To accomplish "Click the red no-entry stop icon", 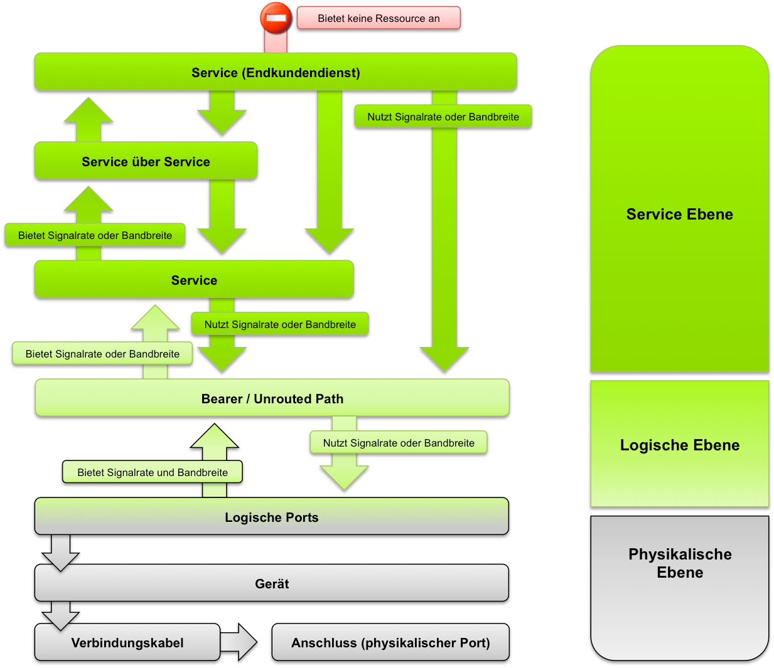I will (276, 18).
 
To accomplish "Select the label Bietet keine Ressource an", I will (379, 18).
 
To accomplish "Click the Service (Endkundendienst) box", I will (276, 72).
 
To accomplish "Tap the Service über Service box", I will (146, 161).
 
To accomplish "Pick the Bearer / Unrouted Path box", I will (272, 398).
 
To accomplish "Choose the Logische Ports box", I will (271, 517).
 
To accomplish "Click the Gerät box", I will (271, 583).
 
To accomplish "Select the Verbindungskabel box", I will (127, 642).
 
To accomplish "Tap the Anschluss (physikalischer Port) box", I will (390, 642).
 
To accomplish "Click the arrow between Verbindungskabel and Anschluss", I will (239, 642).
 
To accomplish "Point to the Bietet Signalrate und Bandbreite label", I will (153, 472).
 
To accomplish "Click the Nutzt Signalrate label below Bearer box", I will (399, 443).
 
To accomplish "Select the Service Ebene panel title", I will (679, 215).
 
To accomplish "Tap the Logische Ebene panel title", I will (679, 445).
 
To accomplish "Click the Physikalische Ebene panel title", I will (680, 563).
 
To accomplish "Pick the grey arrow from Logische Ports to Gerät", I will (61, 553).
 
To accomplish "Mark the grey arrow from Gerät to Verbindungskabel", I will (61, 615).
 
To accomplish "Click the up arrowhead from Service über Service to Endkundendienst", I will (89, 112).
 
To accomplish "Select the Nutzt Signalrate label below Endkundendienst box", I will (443, 117).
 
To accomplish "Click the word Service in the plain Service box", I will (194, 280).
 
